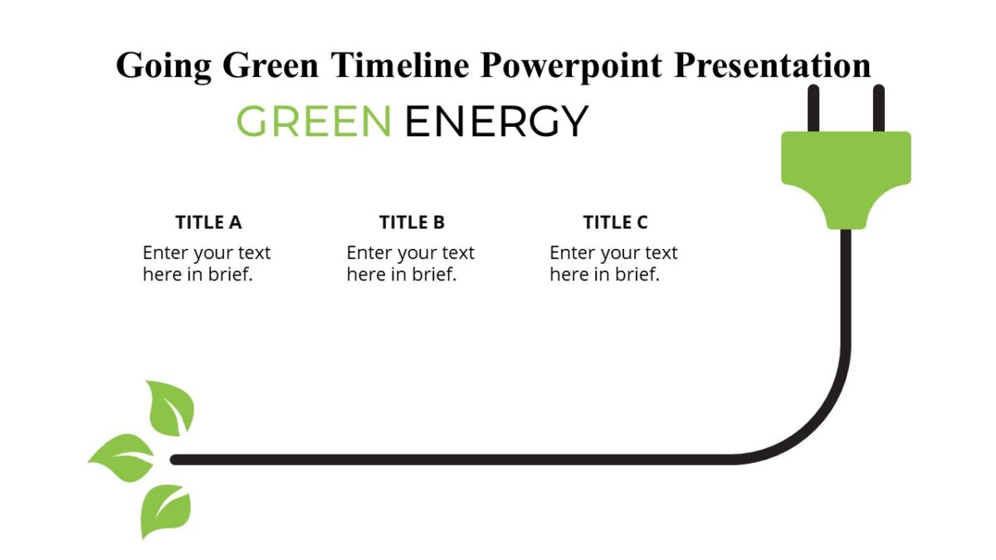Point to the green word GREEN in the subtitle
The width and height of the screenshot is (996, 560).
314,121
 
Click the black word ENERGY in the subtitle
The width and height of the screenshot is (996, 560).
496,121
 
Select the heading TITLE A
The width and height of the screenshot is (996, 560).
208,222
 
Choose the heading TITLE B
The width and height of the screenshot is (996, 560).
412,222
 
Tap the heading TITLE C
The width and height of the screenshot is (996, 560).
615,222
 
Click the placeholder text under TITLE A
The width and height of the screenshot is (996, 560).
206,263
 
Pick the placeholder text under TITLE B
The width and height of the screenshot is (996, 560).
410,263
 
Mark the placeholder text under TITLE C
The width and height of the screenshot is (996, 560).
613,263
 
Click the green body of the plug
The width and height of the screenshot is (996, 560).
846,170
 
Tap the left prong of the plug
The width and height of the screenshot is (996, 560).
814,109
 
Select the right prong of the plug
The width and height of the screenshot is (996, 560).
879,109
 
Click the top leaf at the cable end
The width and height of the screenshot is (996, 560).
172,408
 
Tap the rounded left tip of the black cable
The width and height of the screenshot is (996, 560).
175,460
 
